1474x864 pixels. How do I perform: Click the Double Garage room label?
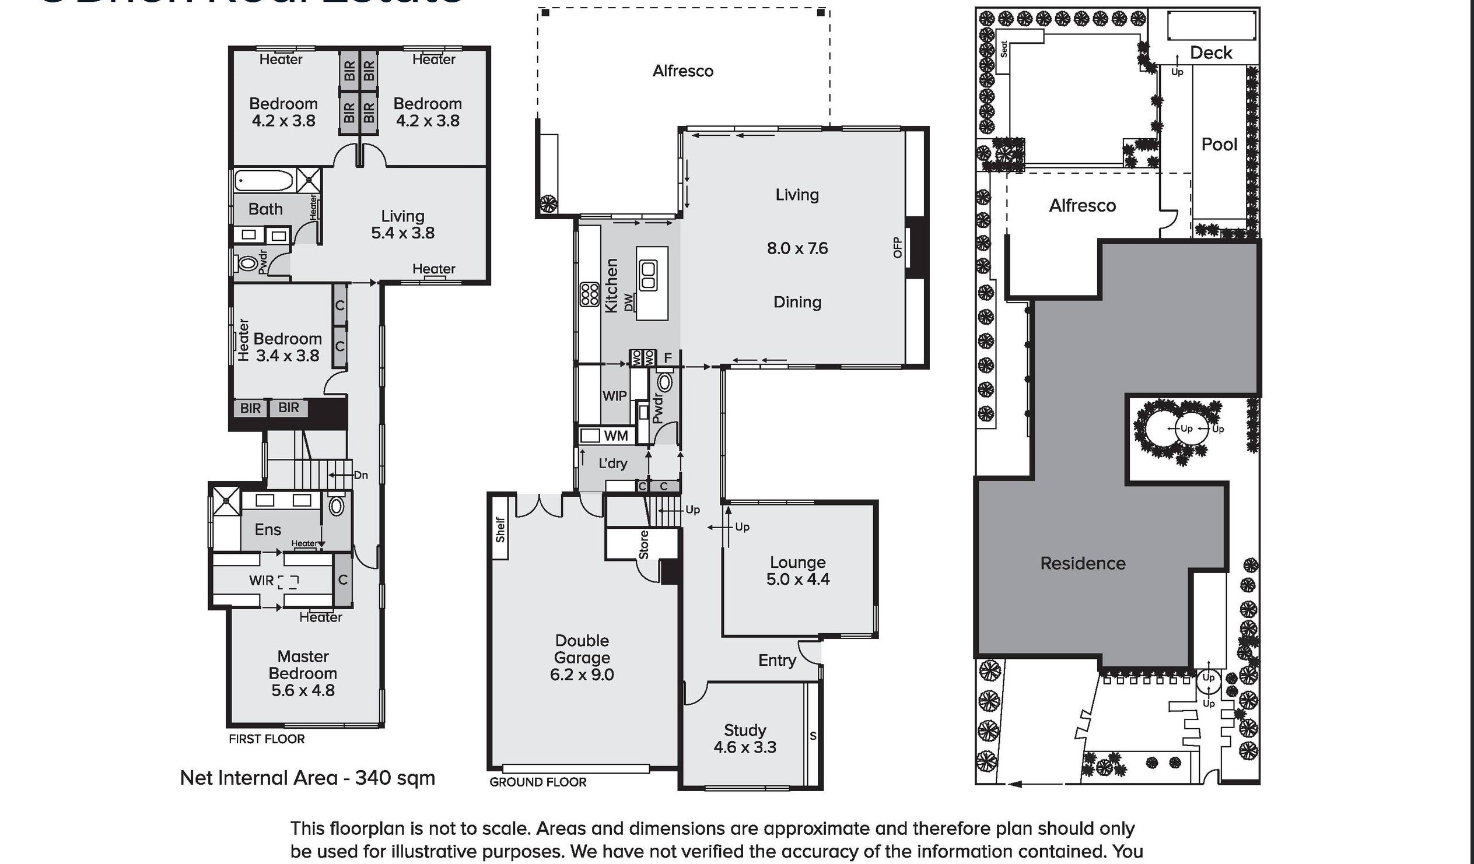(x=582, y=657)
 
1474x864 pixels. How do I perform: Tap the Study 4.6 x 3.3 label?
(x=745, y=738)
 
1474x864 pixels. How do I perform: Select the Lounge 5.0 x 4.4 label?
(x=797, y=571)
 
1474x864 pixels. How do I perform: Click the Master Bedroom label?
(x=302, y=673)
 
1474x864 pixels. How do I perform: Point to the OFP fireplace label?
(x=898, y=247)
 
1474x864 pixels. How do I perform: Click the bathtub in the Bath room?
(x=264, y=180)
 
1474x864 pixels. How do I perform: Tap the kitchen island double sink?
(x=648, y=276)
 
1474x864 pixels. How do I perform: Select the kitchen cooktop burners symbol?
(x=589, y=294)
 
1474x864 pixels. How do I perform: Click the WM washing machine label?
(x=615, y=435)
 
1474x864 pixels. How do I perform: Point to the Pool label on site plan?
(x=1219, y=145)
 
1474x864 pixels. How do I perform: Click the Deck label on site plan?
(x=1210, y=52)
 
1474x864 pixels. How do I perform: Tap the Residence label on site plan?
(x=1082, y=563)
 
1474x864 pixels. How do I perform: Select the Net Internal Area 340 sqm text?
(x=307, y=778)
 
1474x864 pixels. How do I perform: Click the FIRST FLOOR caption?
(x=266, y=739)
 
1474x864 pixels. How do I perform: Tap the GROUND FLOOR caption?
(x=538, y=782)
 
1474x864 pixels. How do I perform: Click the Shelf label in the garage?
(x=500, y=529)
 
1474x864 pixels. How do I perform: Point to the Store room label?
(x=643, y=545)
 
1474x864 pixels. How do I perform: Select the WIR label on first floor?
(x=261, y=581)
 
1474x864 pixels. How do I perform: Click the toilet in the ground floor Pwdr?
(x=665, y=382)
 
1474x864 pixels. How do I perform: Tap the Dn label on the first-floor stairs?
(x=361, y=475)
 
